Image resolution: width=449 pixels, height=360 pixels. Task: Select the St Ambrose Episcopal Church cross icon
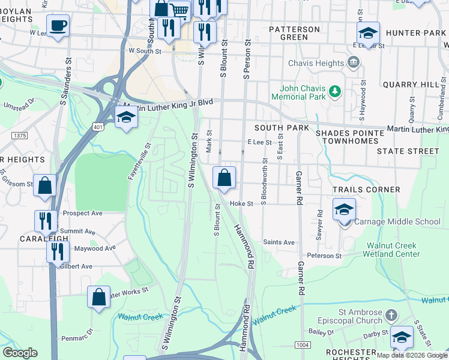pos(391,315)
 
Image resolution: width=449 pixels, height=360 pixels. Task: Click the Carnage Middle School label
pos(397,222)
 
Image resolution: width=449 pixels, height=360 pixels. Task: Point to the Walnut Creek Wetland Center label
pos(403,250)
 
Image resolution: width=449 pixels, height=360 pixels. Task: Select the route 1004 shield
pos(302,344)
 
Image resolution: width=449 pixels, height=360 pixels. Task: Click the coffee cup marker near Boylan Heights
pos(58,26)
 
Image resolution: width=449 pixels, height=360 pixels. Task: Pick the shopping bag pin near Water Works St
pos(99,296)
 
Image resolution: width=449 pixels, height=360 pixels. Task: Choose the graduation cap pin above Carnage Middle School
pos(344,209)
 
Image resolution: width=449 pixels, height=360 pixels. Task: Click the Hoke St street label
pos(242,204)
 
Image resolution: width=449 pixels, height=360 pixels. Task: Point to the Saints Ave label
pos(279,242)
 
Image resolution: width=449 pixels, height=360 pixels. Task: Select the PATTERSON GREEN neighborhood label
pos(294,33)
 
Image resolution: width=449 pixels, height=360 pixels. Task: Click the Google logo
pos(20,353)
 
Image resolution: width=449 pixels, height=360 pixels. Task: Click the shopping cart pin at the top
pos(179,10)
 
